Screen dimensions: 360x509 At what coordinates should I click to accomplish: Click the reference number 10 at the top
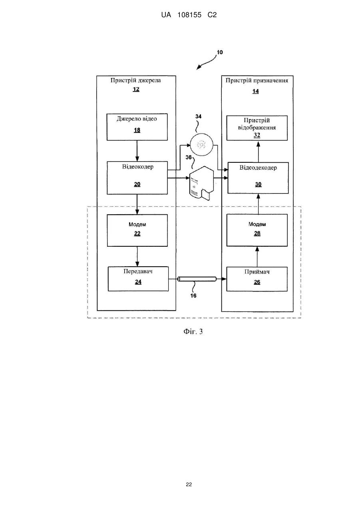coord(220,52)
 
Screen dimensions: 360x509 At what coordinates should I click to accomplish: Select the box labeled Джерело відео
coord(137,127)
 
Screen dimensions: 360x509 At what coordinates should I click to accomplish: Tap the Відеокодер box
coord(137,178)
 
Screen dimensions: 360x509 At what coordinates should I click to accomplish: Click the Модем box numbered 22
coord(137,230)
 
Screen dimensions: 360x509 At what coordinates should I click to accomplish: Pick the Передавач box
coord(138,279)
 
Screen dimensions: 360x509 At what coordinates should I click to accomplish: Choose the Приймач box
coord(257,279)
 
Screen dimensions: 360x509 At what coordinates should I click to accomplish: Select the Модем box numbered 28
coord(257,230)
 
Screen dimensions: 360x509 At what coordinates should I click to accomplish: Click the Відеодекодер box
coord(258,178)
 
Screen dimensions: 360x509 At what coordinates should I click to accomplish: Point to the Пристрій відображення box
coord(257,128)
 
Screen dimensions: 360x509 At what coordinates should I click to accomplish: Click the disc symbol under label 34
coord(201,144)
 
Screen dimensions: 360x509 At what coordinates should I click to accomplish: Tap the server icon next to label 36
coord(202,183)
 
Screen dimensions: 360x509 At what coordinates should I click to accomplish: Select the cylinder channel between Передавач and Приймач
coord(197,279)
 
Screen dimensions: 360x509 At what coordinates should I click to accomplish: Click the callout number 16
coord(193,295)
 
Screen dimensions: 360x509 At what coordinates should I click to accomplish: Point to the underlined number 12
coord(136,89)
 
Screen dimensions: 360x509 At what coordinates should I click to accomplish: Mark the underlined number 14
coord(256,91)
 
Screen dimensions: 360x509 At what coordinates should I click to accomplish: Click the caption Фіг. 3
coord(193,331)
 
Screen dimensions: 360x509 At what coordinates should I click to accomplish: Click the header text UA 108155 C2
coord(189,15)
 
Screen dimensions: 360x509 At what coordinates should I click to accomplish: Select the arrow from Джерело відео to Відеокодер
coord(137,151)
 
